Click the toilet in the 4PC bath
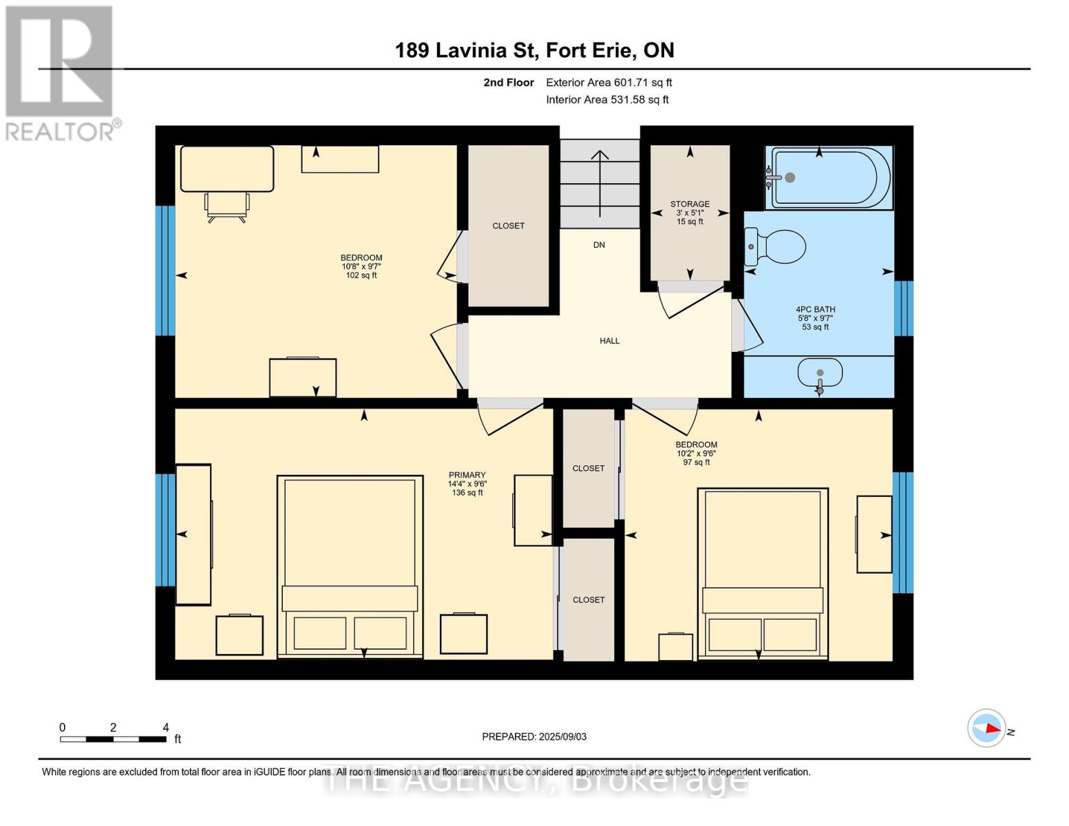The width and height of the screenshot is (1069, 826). coord(775,246)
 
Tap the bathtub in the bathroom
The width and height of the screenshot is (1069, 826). coord(830,178)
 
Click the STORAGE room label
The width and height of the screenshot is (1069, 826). coord(690,204)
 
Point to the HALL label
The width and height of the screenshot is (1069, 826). coord(609,341)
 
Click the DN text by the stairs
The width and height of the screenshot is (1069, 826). coord(599,244)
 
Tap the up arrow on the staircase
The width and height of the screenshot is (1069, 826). coord(600,184)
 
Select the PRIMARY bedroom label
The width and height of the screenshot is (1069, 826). coord(467,475)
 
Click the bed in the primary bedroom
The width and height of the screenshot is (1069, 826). coord(350,566)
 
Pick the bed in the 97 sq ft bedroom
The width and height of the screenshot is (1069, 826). coord(763,573)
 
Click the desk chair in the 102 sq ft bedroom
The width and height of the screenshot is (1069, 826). coord(227,207)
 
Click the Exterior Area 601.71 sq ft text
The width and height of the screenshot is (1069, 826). coord(608,83)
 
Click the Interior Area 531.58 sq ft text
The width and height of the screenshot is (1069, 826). coord(607,99)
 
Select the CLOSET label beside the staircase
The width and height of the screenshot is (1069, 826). coord(508,226)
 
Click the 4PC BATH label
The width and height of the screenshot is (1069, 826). coord(815,310)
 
